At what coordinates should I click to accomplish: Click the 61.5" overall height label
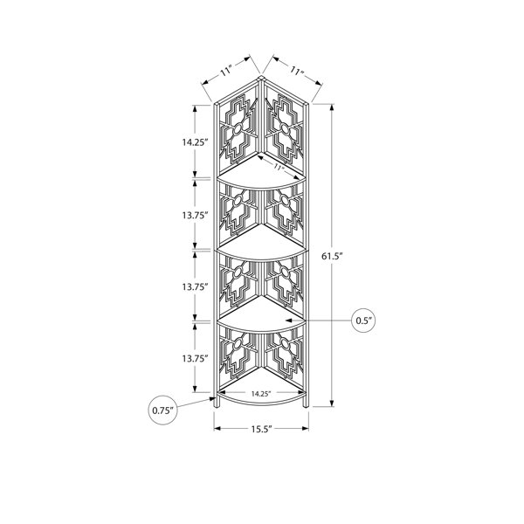tap(333, 256)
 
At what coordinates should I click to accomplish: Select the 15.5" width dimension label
tap(262, 429)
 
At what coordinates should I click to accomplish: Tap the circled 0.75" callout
tap(163, 410)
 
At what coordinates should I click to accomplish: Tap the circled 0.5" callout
tap(364, 321)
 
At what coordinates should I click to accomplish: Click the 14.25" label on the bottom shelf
tap(260, 394)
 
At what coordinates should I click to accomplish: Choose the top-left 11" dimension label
tap(226, 72)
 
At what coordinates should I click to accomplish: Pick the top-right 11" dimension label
tap(296, 71)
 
